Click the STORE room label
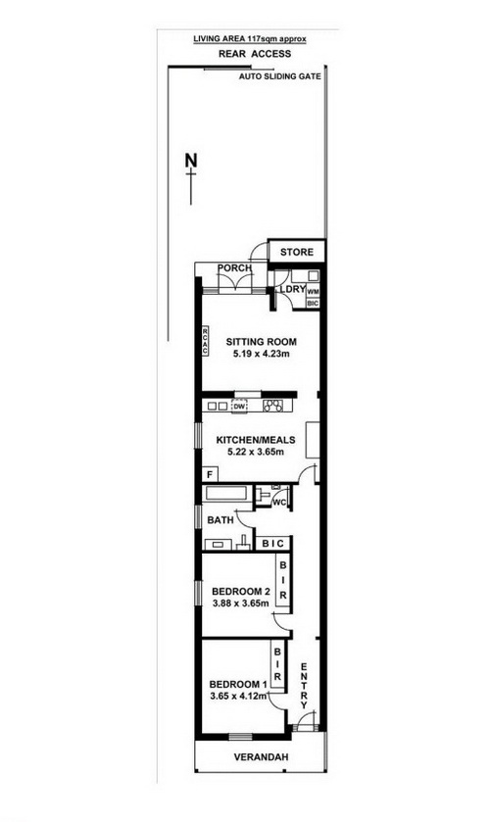coord(296,252)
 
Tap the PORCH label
coord(234,268)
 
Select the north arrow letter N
coord(192,160)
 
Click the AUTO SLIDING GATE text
coord(279,76)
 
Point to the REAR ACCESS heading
coord(255,54)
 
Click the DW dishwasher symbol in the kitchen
coord(240,406)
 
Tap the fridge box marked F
coord(210,475)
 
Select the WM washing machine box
coord(313,292)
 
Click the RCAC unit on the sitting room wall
coord(206,340)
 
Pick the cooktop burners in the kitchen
coord(272,406)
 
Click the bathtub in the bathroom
coord(226,494)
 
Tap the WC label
coord(279,503)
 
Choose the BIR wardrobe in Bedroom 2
coord(283,581)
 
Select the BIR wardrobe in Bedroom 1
coord(277,663)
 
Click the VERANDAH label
coord(261,757)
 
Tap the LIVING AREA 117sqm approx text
coord(249,39)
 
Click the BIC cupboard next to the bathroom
coord(272,544)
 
